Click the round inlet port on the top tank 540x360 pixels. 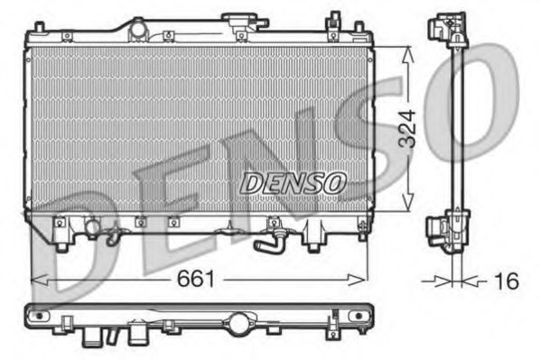pos(137,30)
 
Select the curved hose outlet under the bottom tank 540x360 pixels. pos(267,243)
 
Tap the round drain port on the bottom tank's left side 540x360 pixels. pos(92,226)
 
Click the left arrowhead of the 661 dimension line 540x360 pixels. pos(36,281)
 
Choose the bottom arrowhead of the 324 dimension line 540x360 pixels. pos(410,208)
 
